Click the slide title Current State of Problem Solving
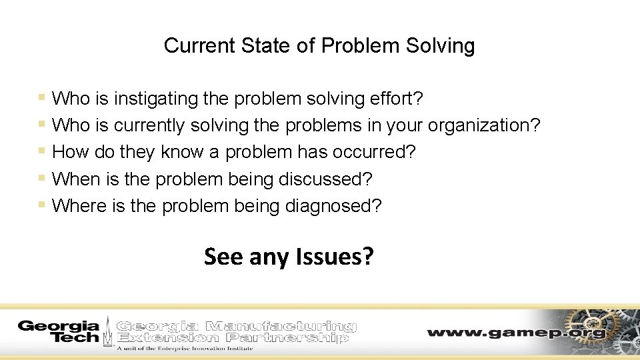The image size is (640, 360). (x=319, y=45)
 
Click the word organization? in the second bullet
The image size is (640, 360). (x=484, y=125)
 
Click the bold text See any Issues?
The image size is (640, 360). (x=289, y=256)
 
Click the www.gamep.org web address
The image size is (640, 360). (x=517, y=332)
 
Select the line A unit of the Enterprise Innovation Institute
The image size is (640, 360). (x=185, y=348)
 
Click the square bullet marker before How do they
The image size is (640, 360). (x=42, y=151)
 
